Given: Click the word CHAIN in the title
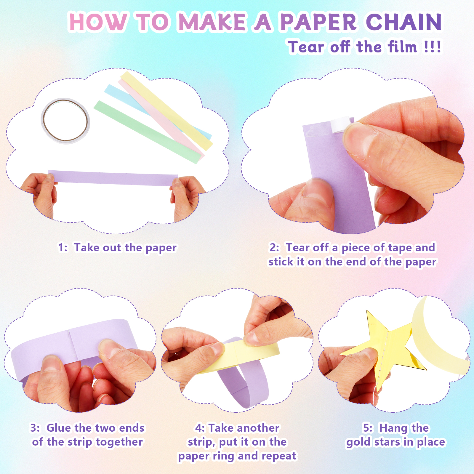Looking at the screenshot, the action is click(403, 22).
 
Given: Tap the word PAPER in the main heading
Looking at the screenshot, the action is click(319, 22).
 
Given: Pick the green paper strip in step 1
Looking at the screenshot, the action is click(147, 132).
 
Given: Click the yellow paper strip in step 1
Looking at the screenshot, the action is click(166, 111).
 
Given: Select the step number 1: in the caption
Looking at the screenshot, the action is click(63, 247).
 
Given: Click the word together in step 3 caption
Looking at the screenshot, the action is click(119, 442).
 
